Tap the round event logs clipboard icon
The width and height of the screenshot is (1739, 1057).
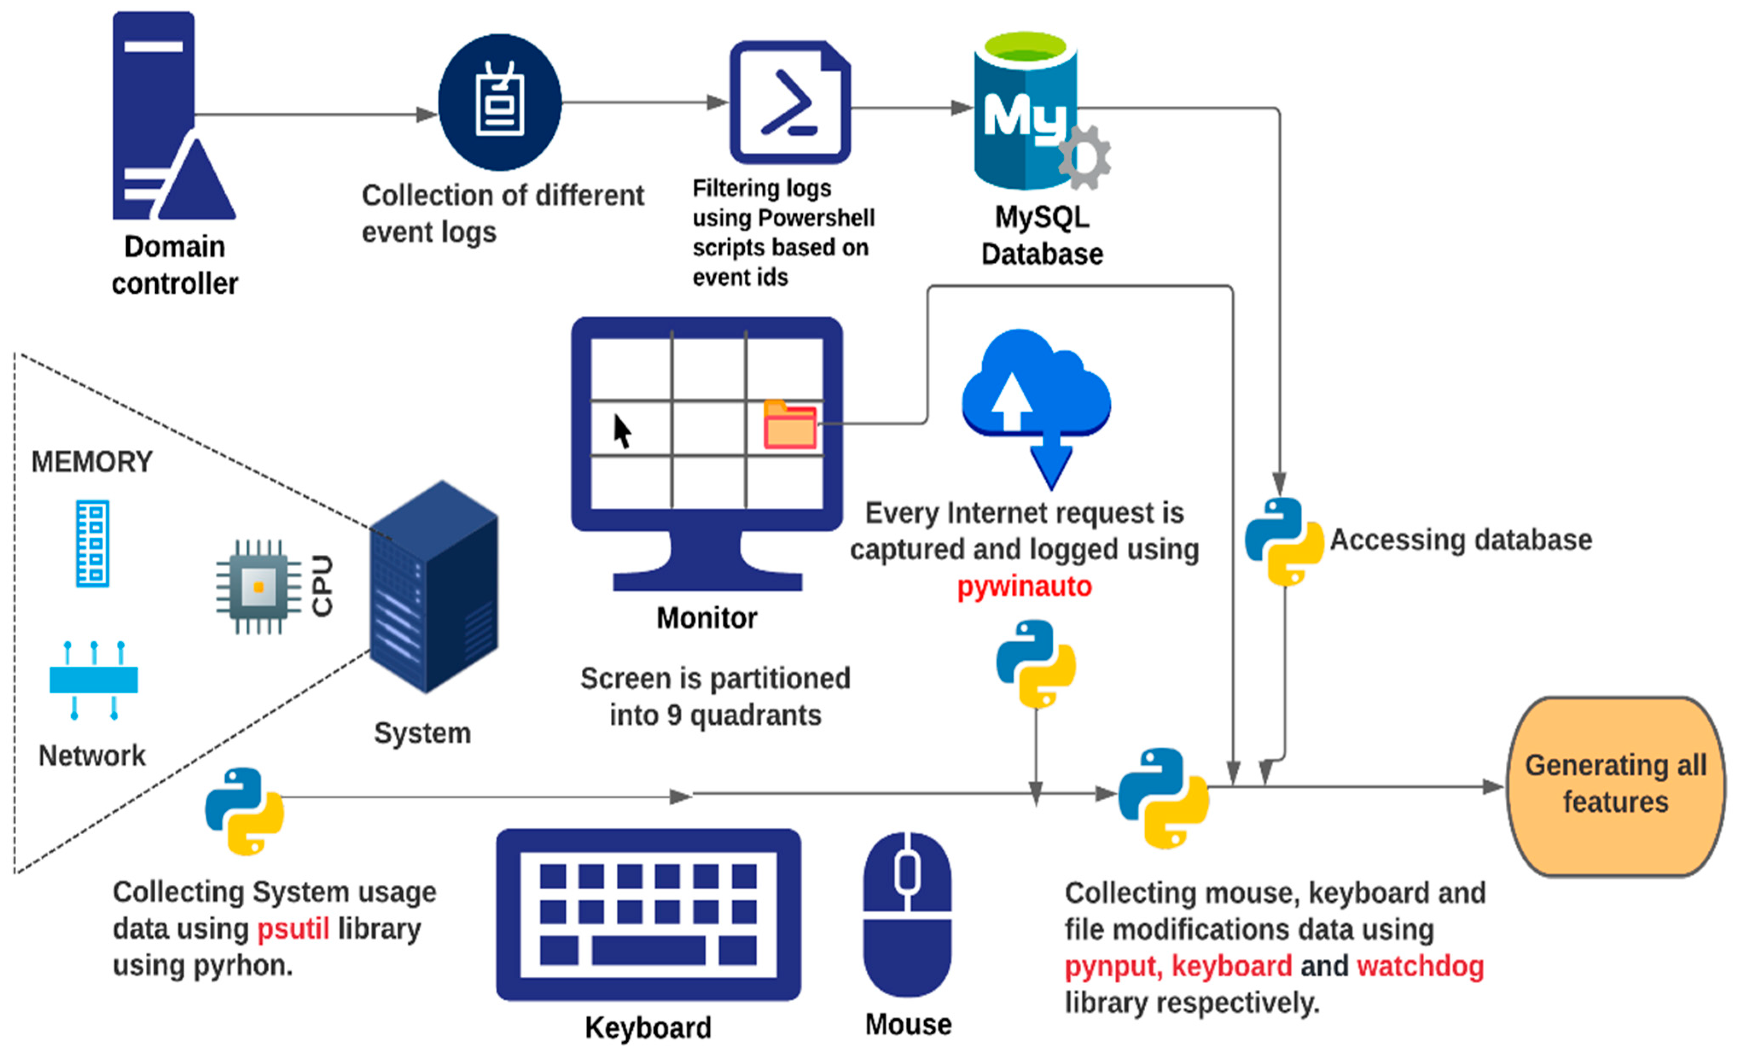click(x=499, y=102)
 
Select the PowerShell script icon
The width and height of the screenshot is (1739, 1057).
click(x=790, y=102)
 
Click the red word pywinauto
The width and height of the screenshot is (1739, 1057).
click(x=1024, y=587)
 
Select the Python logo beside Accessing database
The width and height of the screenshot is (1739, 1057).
click(x=1284, y=542)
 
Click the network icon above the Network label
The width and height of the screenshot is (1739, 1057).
click(x=94, y=680)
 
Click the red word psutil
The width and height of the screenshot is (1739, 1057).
click(x=293, y=929)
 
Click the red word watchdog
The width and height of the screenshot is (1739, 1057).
click(x=1421, y=967)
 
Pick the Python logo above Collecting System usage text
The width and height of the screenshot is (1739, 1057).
click(x=244, y=811)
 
